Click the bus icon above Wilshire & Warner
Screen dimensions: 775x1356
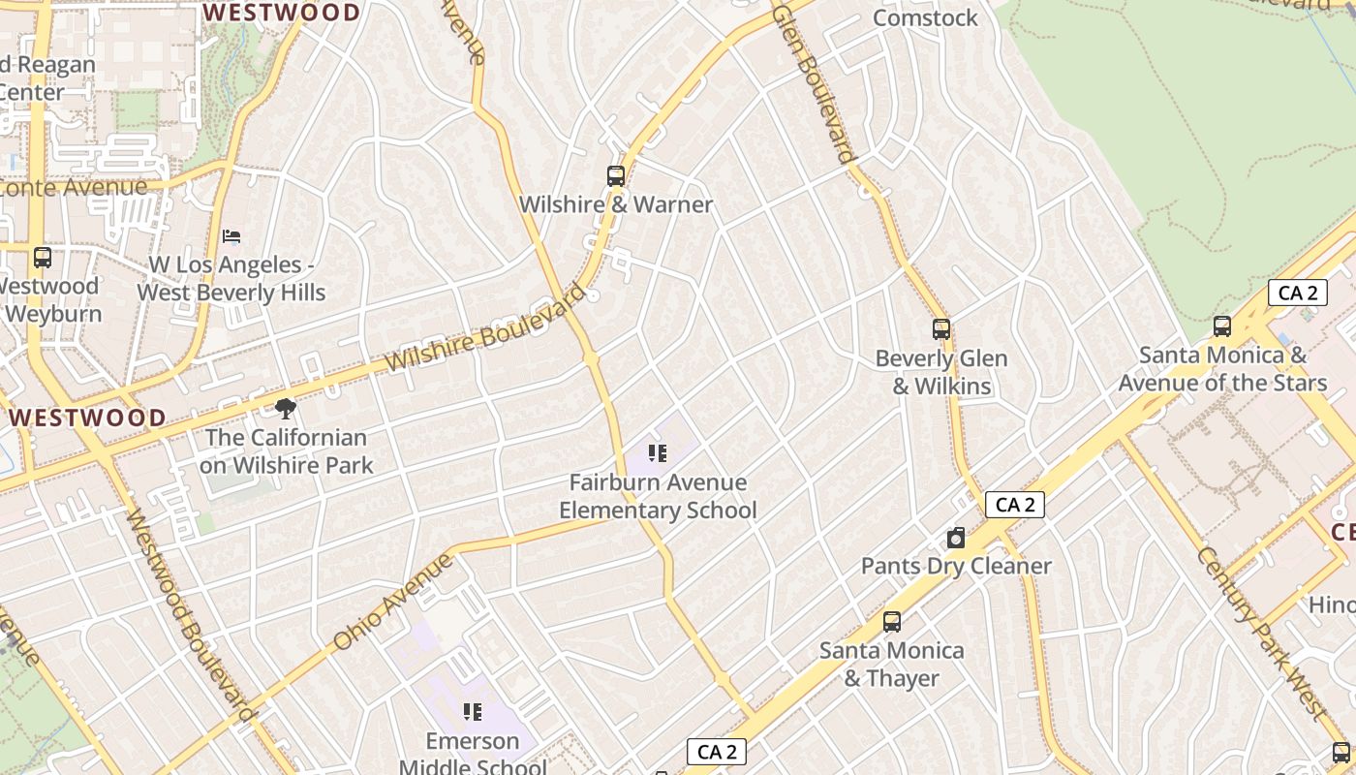pyautogui.click(x=616, y=176)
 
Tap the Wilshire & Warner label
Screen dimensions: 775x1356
pyautogui.click(x=616, y=204)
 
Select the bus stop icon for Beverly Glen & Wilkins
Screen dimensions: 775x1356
pyautogui.click(x=941, y=329)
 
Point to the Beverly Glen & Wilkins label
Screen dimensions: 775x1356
pyautogui.click(x=941, y=372)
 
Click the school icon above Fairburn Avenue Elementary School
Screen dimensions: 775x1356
pyautogui.click(x=659, y=453)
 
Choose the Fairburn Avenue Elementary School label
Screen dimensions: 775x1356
pyautogui.click(x=658, y=496)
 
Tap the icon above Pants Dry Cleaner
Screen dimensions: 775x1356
pyautogui.click(x=956, y=539)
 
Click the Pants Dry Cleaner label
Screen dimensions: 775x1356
pyautogui.click(x=956, y=566)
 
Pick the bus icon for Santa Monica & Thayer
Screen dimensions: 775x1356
pyautogui.click(x=892, y=622)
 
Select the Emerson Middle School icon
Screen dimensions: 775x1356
pyautogui.click(x=473, y=713)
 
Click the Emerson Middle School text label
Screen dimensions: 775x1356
pyautogui.click(x=473, y=754)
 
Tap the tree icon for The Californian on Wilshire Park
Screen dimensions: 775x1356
pyautogui.click(x=286, y=409)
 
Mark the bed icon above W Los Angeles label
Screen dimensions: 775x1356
pyautogui.click(x=231, y=236)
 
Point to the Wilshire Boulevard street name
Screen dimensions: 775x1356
pyautogui.click(x=487, y=327)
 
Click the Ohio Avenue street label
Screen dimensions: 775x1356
pyautogui.click(x=392, y=602)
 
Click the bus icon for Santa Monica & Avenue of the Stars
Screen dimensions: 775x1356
pyautogui.click(x=1222, y=326)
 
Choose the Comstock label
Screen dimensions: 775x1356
pyautogui.click(x=925, y=17)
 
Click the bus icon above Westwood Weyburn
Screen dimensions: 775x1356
pyautogui.click(x=43, y=258)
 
